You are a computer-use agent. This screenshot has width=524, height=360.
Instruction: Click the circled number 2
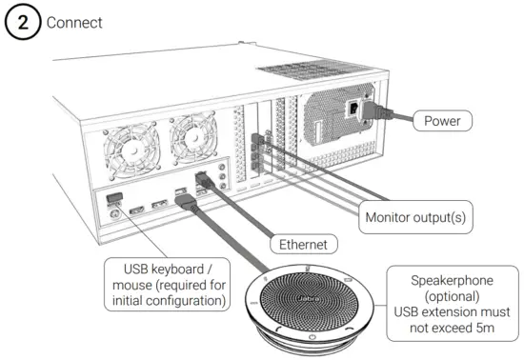[17, 21]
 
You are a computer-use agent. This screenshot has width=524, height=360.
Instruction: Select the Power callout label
[442, 121]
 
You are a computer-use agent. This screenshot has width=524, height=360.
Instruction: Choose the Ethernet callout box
[303, 245]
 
